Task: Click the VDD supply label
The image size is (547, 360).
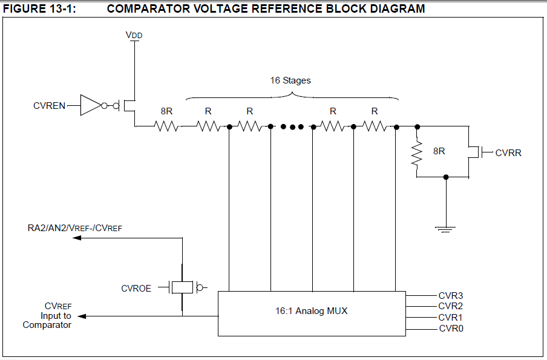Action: (134, 36)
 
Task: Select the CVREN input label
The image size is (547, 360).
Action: (50, 106)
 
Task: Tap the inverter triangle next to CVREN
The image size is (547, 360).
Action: (90, 106)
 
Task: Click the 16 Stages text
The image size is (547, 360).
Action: (290, 80)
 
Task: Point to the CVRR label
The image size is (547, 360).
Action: (508, 152)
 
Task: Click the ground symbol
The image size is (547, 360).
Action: (446, 228)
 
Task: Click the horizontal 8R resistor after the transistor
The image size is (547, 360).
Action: (166, 126)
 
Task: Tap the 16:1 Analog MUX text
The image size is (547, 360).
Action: (312, 312)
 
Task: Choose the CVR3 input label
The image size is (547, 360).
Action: (451, 295)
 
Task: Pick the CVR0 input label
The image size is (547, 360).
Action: (451, 329)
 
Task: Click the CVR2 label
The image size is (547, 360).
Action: (451, 306)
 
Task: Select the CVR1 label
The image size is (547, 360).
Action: (451, 317)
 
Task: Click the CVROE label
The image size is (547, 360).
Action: (136, 289)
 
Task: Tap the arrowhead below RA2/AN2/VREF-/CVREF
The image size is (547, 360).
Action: (77, 238)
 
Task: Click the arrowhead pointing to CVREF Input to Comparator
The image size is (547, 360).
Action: (82, 316)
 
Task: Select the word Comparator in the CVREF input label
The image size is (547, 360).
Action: (47, 325)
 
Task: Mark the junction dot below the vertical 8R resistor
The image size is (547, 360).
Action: (446, 177)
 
